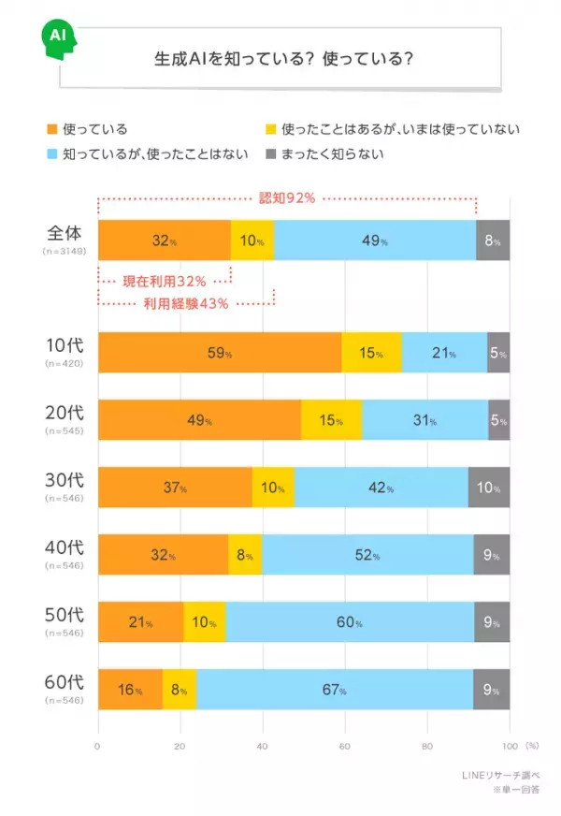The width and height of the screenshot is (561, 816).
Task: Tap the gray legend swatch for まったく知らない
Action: tap(272, 153)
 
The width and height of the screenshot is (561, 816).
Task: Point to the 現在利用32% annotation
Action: tap(164, 279)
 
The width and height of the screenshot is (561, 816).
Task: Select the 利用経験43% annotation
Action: tap(185, 303)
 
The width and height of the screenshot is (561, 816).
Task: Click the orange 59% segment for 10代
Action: tap(220, 353)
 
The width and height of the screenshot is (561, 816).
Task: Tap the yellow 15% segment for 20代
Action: tap(332, 420)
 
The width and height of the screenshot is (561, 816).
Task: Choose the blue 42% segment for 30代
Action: tap(381, 488)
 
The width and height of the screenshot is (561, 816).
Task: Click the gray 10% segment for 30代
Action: tap(489, 488)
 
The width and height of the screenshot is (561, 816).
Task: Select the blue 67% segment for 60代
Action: tap(335, 690)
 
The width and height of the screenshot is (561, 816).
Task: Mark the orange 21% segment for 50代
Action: tap(140, 622)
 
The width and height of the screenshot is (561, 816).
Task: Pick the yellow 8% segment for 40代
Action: tap(245, 555)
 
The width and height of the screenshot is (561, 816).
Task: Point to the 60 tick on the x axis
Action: tap(345, 746)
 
